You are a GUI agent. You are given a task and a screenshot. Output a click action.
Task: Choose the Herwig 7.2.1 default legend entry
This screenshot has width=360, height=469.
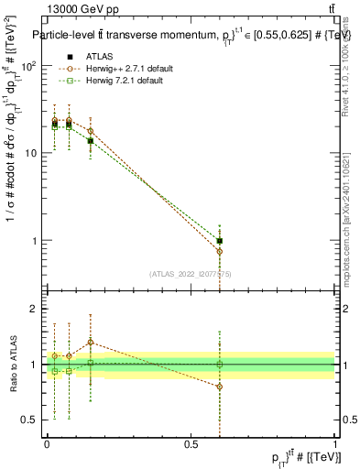(119, 81)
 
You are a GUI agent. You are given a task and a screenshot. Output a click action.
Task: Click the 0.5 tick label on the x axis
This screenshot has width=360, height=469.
(191, 444)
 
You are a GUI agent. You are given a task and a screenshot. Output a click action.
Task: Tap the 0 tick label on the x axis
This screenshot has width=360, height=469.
(47, 444)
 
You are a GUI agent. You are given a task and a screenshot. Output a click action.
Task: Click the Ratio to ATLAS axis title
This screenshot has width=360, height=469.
(12, 365)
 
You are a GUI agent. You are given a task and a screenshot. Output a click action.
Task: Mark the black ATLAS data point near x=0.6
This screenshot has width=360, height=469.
(220, 241)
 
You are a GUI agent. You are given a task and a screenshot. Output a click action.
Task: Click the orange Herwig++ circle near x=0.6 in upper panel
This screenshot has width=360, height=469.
(220, 251)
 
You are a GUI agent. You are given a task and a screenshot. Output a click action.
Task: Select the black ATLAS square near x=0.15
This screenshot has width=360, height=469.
(90, 141)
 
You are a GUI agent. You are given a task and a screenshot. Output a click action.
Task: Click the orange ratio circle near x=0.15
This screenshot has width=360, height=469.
(90, 343)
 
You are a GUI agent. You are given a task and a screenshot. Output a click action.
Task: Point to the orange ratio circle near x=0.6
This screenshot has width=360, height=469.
(220, 387)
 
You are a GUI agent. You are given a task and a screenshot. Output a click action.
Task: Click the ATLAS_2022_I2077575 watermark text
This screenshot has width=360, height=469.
(189, 273)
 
